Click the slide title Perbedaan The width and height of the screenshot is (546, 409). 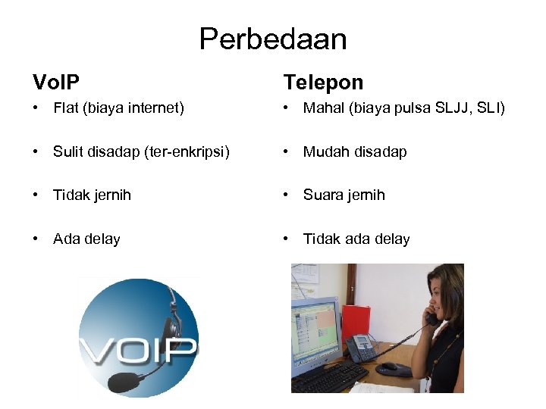tap(272, 39)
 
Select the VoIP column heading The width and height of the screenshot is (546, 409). tap(56, 82)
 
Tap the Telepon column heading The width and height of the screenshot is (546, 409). tap(323, 82)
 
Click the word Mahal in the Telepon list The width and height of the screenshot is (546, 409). tap(322, 108)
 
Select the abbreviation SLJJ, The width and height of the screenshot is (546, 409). tap(453, 108)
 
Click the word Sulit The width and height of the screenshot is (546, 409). tap(68, 151)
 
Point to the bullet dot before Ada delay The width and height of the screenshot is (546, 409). tap(36, 239)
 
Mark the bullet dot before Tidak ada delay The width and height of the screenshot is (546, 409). tap(286, 239)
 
